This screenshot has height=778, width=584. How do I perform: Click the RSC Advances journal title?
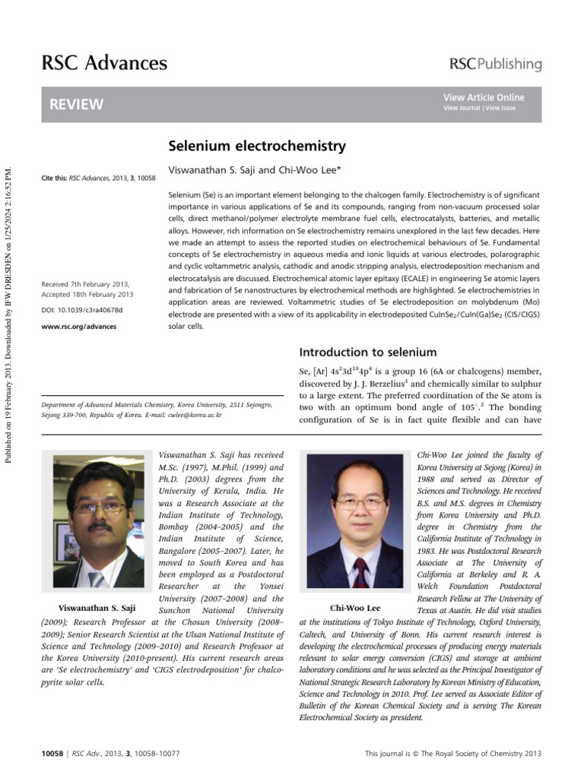[x=103, y=62]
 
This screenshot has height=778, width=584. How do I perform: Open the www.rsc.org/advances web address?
[x=79, y=327]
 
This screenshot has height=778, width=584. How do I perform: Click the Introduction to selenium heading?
[x=368, y=352]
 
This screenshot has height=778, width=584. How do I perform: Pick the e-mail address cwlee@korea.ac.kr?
[x=195, y=416]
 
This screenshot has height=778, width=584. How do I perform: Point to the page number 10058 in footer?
[x=52, y=754]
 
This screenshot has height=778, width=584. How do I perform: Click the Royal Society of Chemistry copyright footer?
[x=453, y=754]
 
